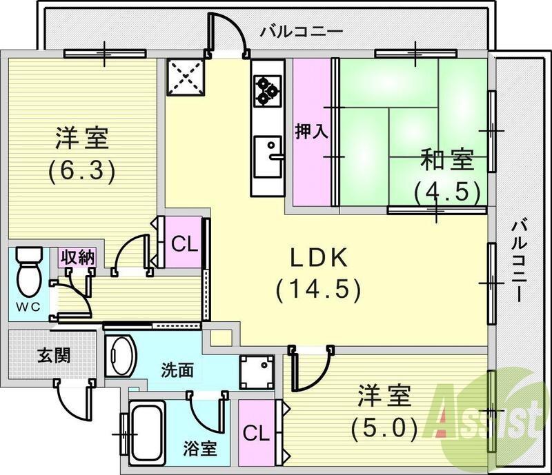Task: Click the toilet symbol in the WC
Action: [28, 272]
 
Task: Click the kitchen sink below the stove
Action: [266, 155]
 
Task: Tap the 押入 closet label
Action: [308, 131]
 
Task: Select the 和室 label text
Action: [446, 160]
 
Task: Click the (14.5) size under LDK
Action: [318, 290]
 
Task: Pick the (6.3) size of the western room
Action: [81, 170]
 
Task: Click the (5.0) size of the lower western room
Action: [384, 429]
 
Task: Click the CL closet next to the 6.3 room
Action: [181, 243]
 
